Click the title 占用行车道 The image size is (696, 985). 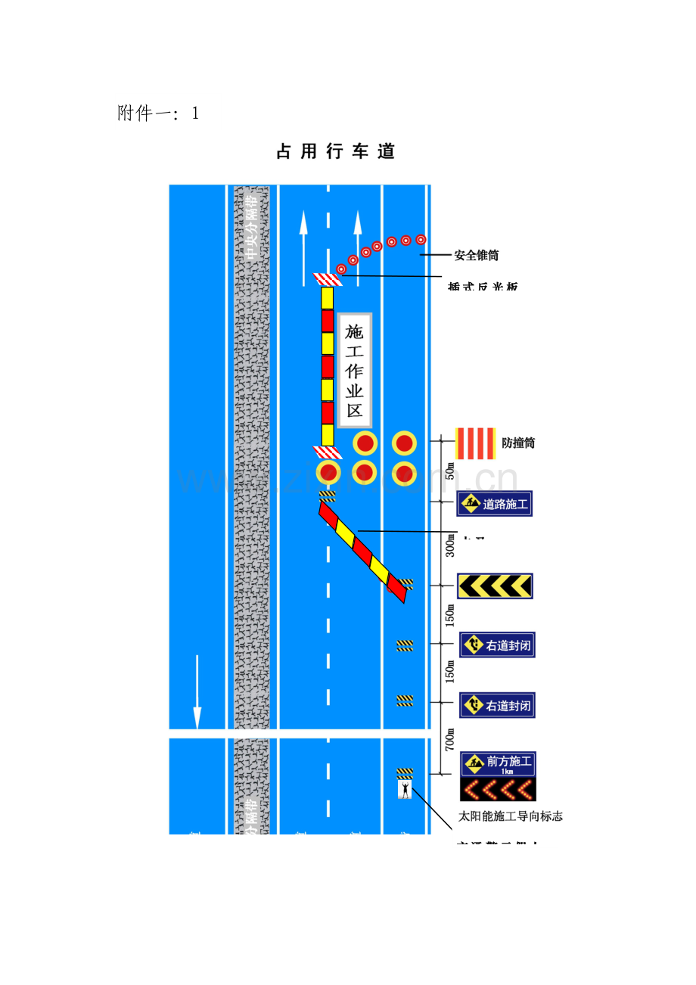(x=336, y=152)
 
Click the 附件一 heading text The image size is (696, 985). (x=158, y=113)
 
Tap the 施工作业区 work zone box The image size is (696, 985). (x=354, y=371)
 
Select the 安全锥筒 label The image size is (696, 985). (x=476, y=255)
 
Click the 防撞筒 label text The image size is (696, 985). (x=518, y=443)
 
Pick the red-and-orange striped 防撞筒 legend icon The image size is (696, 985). (x=475, y=443)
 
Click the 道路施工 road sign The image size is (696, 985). (x=495, y=504)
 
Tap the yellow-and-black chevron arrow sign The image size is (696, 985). (x=495, y=586)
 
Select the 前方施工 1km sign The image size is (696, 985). (x=498, y=764)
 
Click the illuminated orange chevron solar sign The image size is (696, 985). (x=498, y=791)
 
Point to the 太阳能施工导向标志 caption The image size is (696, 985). (x=511, y=817)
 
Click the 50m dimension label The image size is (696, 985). (x=450, y=471)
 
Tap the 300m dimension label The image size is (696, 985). (x=450, y=543)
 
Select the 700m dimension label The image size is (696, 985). (x=450, y=739)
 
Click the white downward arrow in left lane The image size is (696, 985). (x=197, y=692)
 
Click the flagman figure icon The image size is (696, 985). (x=405, y=790)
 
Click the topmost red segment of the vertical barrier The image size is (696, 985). (x=328, y=321)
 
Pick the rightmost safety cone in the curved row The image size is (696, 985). (x=421, y=239)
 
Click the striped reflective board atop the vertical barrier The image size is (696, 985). (x=328, y=279)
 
